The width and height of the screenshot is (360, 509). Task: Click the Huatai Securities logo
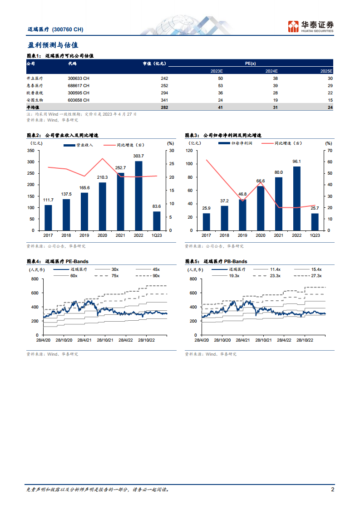pos(311,26)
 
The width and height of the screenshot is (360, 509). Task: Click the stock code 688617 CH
pos(79,86)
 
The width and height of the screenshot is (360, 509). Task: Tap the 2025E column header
pos(326,71)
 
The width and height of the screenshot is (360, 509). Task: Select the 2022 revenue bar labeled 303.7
pos(138,195)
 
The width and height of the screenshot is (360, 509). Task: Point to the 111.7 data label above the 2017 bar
pos(48,200)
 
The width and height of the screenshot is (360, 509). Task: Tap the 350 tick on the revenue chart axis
pos(31,151)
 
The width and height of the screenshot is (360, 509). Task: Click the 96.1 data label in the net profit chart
pos(297,161)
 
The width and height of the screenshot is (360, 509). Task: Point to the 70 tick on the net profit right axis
pos(330,151)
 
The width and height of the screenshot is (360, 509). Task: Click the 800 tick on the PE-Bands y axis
pos(35,279)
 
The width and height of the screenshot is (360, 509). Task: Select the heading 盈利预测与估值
pos(53,45)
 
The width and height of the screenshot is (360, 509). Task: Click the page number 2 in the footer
pos(333,490)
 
